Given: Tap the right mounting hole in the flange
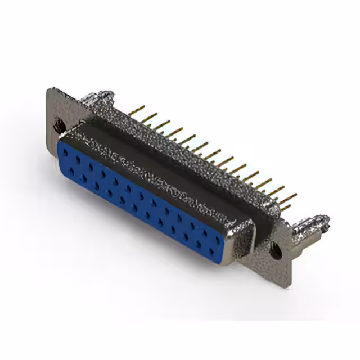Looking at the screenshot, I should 276,250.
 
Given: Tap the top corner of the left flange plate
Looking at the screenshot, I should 52,90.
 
